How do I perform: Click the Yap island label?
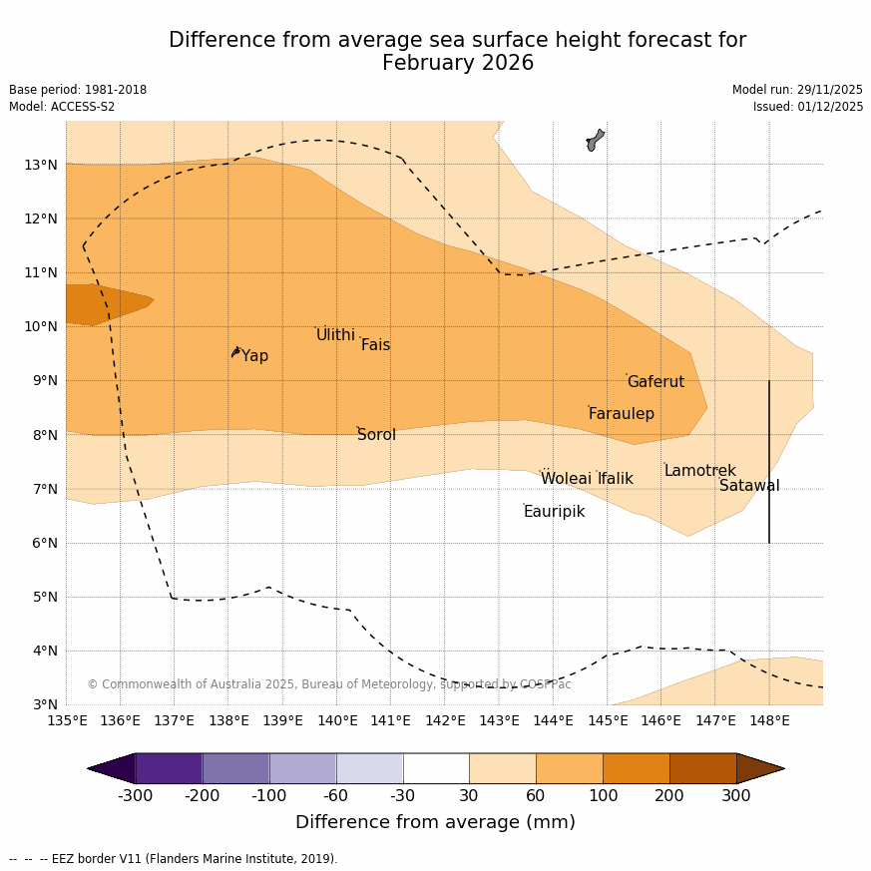pos(254,356)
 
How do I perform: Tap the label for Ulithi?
pos(335,335)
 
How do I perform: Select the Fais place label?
pos(375,345)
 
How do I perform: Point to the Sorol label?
pos(376,435)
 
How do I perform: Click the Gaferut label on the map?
pos(655,382)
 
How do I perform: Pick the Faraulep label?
pos(621,414)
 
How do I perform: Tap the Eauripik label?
pos(554,512)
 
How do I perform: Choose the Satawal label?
pos(749,486)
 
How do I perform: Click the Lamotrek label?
pos(699,471)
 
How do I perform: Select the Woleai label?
pos(566,479)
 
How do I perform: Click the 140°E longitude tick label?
pos(337,720)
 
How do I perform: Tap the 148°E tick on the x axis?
pos(769,720)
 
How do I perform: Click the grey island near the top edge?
pos(595,140)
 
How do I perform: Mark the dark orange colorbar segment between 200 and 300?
pos(702,768)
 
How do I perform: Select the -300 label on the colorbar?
pos(136,796)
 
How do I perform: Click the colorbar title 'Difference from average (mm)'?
pos(435,823)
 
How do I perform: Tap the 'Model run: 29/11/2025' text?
pos(797,90)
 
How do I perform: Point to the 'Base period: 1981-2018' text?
pos(78,90)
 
